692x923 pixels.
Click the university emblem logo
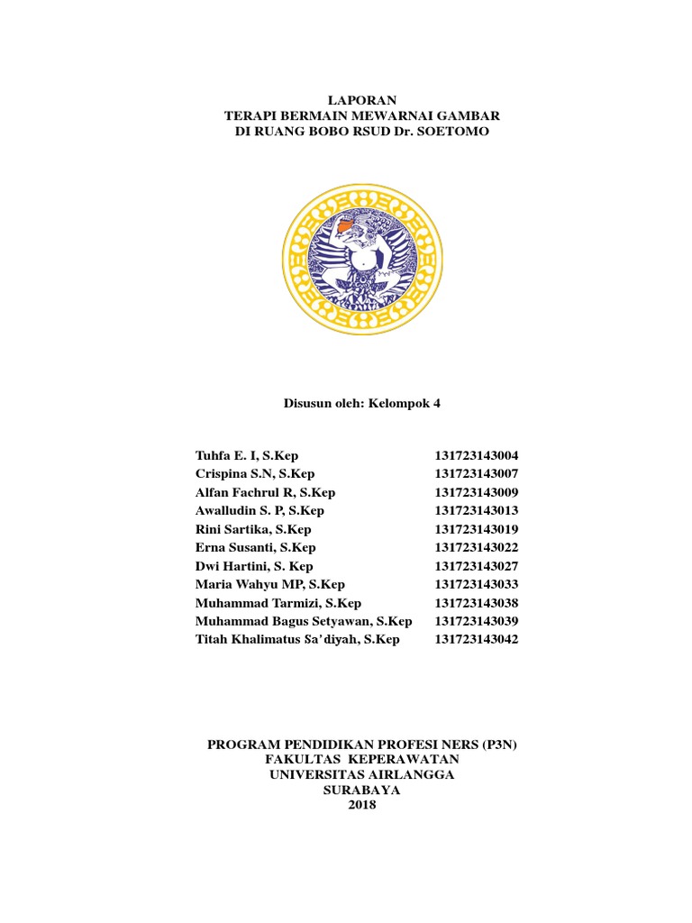coord(362,260)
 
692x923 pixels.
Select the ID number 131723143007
coord(477,474)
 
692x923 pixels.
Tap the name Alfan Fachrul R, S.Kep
coord(265,492)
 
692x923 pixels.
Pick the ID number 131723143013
coord(477,510)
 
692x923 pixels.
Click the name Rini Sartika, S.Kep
coord(252,529)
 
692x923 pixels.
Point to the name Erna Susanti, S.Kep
coord(255,547)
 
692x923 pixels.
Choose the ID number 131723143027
coord(477,566)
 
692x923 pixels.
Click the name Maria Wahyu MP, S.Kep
coord(269,584)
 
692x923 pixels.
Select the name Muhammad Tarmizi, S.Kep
coord(278,603)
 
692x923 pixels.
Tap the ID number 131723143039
coord(477,621)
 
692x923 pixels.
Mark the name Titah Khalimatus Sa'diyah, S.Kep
coord(296,639)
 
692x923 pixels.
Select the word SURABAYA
coord(362,790)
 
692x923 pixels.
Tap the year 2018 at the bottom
coord(362,805)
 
